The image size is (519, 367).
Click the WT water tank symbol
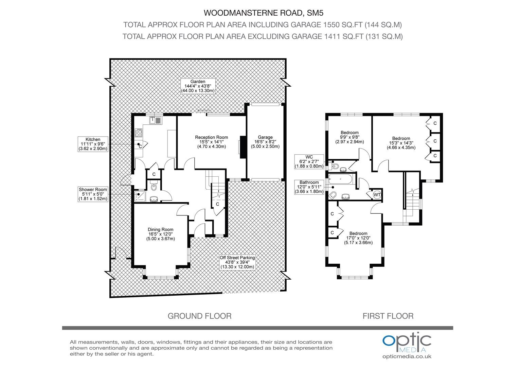(x=377, y=195)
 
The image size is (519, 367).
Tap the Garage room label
(x=265, y=142)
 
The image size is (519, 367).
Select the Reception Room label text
(x=211, y=142)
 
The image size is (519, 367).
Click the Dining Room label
(x=161, y=234)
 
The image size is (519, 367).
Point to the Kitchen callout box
(x=93, y=144)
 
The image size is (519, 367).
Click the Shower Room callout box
(x=93, y=194)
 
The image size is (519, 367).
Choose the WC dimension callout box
(x=309, y=162)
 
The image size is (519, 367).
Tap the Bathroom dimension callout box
(x=309, y=187)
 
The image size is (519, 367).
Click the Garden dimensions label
(x=198, y=86)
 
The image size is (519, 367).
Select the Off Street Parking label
(x=237, y=262)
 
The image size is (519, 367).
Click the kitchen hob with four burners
(x=139, y=133)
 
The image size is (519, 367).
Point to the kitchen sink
(x=156, y=120)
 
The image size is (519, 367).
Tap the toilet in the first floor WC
(x=334, y=166)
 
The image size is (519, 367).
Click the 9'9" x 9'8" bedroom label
(x=350, y=137)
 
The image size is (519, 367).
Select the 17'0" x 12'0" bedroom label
(x=358, y=238)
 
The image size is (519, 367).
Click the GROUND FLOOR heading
(x=199, y=316)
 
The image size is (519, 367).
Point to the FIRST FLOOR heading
(x=388, y=316)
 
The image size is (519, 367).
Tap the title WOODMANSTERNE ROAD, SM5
(x=264, y=13)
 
